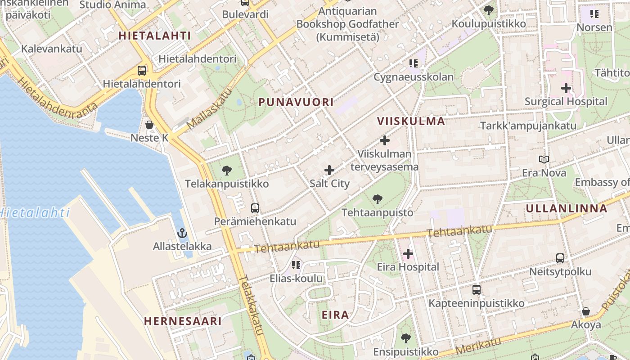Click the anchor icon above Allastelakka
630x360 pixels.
[182, 233]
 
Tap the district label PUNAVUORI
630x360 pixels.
[296, 103]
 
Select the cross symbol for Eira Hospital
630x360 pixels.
[408, 254]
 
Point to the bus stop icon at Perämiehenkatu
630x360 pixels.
[255, 208]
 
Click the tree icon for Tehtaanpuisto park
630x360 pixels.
[378, 199]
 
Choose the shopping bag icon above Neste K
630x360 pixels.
[149, 125]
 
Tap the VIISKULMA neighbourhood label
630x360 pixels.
[411, 121]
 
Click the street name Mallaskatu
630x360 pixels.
[209, 108]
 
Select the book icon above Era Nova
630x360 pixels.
[544, 159]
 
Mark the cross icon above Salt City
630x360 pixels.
[329, 170]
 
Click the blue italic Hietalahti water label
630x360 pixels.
[35, 212]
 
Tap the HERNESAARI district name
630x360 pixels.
[183, 321]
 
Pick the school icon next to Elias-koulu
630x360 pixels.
[296, 265]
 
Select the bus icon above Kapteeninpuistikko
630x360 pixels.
[477, 290]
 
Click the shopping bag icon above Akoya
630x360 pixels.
[586, 311]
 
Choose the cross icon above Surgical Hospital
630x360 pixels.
[566, 88]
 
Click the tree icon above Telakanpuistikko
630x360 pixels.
[227, 171]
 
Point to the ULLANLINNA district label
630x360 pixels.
[567, 208]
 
